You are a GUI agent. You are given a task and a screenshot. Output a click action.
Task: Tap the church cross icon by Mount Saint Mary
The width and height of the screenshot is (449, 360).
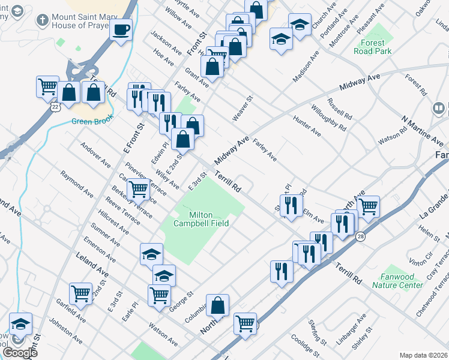coord(42,20)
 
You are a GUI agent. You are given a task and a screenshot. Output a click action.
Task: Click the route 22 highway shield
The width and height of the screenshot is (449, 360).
coord(56,107)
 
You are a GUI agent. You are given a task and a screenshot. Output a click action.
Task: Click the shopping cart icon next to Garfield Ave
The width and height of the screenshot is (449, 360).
coord(80,293)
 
